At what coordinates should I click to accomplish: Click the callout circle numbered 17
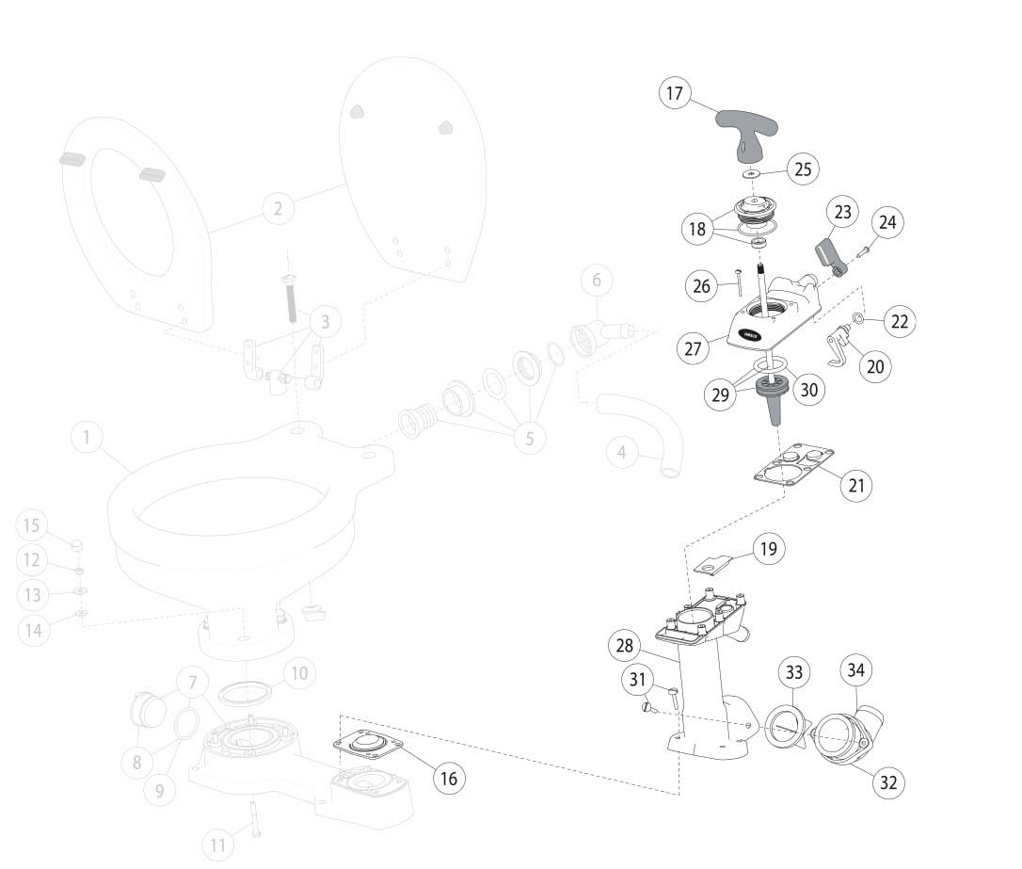pyautogui.click(x=674, y=94)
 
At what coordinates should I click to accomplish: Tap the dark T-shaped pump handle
pyautogui.click(x=743, y=128)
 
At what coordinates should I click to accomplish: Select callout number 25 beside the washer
pyautogui.click(x=803, y=169)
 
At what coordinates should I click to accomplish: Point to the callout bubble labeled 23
pyautogui.click(x=842, y=213)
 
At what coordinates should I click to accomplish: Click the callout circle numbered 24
pyautogui.click(x=887, y=223)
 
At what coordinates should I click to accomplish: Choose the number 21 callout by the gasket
pyautogui.click(x=856, y=485)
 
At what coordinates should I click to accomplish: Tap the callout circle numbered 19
pyautogui.click(x=769, y=549)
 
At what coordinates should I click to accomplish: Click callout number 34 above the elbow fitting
pyautogui.click(x=857, y=671)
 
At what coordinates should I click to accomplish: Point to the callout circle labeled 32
pyautogui.click(x=888, y=781)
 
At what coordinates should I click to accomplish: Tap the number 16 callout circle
pyautogui.click(x=448, y=779)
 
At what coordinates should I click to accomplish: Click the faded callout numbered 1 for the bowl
pyautogui.click(x=87, y=438)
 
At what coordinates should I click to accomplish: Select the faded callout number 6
pyautogui.click(x=597, y=281)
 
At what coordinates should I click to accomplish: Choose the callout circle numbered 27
pyautogui.click(x=693, y=347)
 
